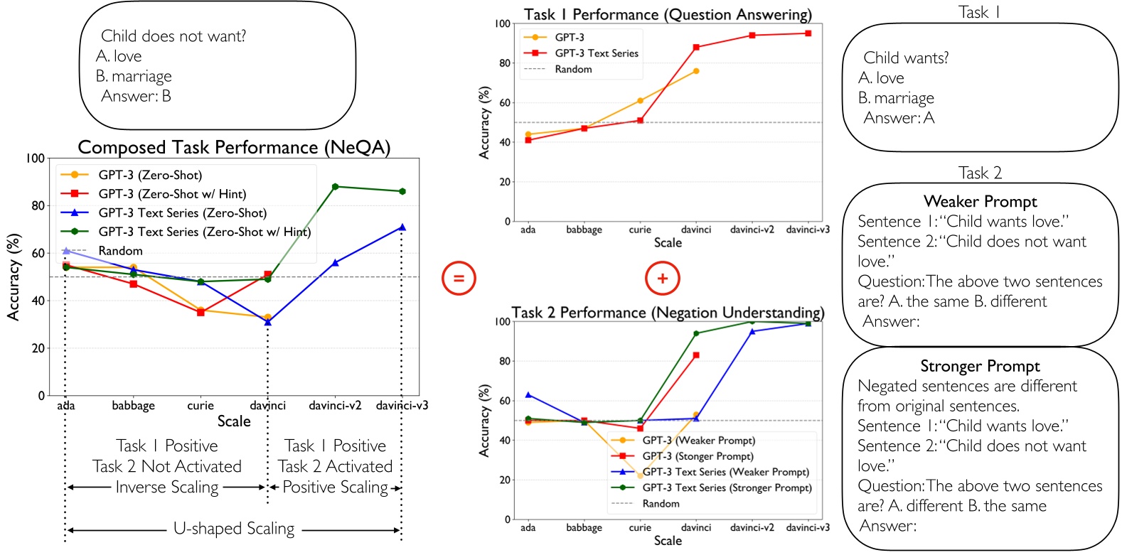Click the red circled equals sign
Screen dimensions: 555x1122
(x=459, y=278)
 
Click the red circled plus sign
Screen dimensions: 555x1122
(x=662, y=278)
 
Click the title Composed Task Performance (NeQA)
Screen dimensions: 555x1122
(x=234, y=147)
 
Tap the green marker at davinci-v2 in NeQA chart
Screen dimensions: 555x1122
(x=335, y=187)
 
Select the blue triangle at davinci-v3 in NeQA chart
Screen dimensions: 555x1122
(x=402, y=227)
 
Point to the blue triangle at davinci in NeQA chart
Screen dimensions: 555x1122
(x=267, y=322)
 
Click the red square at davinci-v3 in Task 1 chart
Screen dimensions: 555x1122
(x=808, y=33)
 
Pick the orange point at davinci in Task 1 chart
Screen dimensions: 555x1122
(x=696, y=71)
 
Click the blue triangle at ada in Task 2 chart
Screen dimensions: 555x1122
(x=528, y=394)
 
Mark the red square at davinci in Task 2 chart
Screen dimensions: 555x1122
(x=696, y=355)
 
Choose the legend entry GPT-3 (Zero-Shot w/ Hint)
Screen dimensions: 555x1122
(x=172, y=194)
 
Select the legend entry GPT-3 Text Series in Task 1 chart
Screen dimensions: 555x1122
(x=597, y=53)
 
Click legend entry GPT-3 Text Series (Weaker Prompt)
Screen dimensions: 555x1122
(x=725, y=472)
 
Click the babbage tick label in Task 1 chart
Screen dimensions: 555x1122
(x=584, y=230)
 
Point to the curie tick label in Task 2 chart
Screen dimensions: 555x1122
(x=640, y=527)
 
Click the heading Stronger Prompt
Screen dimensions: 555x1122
(x=980, y=366)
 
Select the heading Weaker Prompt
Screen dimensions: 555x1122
(x=980, y=201)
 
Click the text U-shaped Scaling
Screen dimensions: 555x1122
(x=234, y=529)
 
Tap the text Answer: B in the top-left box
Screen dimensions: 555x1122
(x=136, y=96)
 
